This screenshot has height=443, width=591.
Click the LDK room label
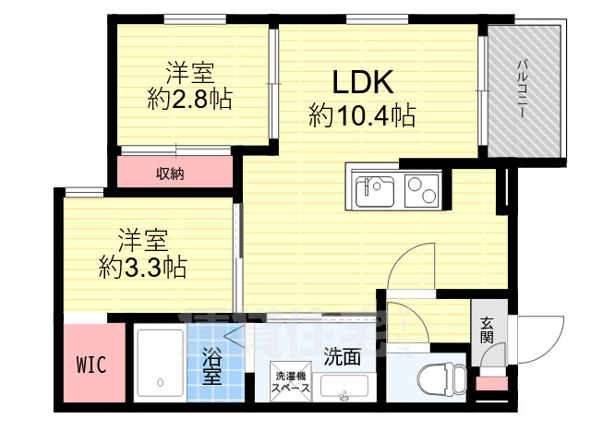pyautogui.click(x=363, y=83)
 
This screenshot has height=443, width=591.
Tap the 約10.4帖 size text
pyautogui.click(x=362, y=115)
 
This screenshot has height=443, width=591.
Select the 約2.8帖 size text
pyautogui.click(x=188, y=99)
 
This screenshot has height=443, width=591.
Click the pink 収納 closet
pyautogui.click(x=174, y=173)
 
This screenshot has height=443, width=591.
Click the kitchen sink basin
pyautogui.click(x=374, y=192)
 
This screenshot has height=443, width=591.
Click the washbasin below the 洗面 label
pyautogui.click(x=344, y=388)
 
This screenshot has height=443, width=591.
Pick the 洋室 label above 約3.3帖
pyautogui.click(x=142, y=239)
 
